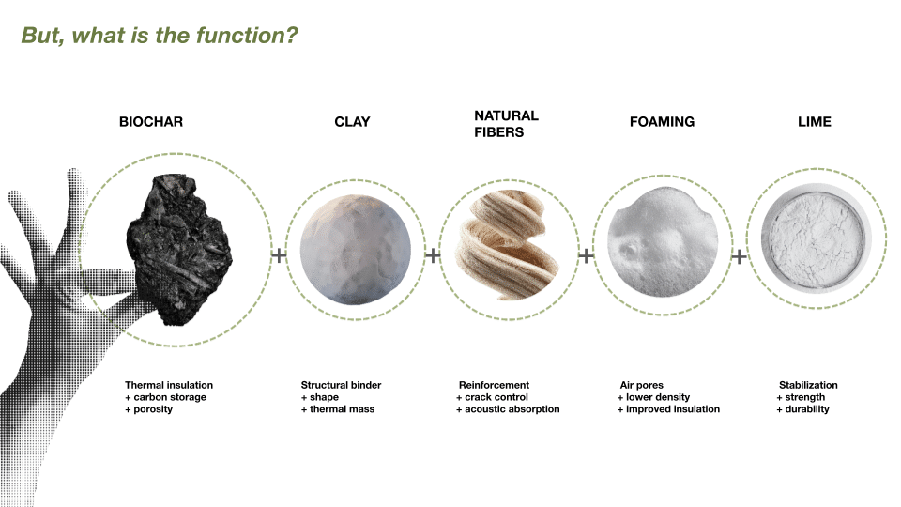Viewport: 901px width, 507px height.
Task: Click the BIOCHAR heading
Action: [151, 122]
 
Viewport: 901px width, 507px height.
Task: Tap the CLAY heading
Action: [352, 122]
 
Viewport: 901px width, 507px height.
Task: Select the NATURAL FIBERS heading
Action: [506, 124]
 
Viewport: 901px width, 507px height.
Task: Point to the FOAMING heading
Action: [662, 122]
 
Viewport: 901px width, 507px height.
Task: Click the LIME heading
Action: [815, 122]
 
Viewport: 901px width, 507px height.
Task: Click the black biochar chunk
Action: [179, 250]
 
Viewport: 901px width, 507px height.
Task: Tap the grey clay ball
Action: [355, 250]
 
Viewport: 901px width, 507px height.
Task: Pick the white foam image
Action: [663, 241]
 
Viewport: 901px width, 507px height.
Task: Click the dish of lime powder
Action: [816, 238]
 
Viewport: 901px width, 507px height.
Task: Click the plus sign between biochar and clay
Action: [279, 255]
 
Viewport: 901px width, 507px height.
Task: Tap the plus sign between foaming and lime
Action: [740, 255]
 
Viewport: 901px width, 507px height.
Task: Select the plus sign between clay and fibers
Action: [433, 255]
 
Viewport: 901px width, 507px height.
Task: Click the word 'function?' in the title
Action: [247, 36]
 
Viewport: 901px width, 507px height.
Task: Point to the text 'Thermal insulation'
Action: [169, 385]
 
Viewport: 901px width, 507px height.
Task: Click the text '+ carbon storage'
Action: [165, 397]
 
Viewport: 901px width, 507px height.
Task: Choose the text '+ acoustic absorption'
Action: [508, 409]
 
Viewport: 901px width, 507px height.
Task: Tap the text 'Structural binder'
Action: [341, 385]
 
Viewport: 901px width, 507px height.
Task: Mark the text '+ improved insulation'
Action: [668, 409]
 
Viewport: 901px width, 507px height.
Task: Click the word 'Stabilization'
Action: [808, 385]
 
